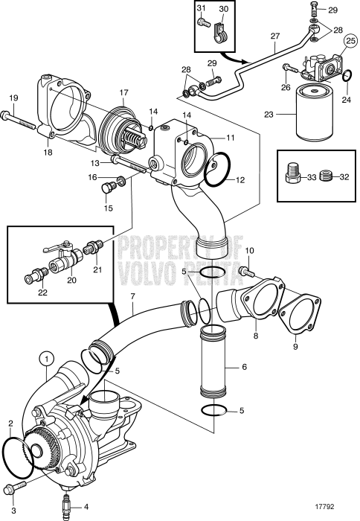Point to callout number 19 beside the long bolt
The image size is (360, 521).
point(13,97)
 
